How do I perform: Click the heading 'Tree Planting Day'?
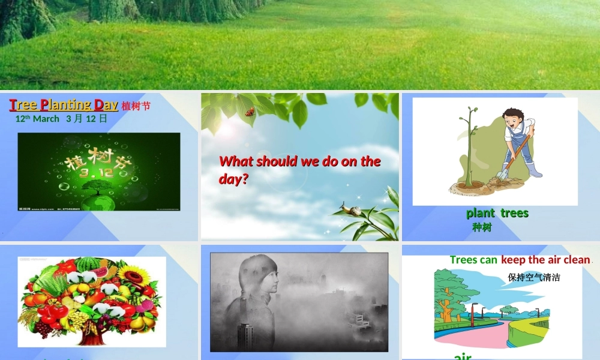(64, 105)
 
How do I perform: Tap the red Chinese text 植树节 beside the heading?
(136, 106)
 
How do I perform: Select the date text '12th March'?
(37, 119)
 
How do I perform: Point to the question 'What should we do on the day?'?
(299, 169)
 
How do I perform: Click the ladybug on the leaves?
(250, 112)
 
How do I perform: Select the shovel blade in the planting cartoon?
(502, 175)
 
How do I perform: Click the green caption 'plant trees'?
(497, 213)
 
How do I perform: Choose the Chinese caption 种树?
(482, 227)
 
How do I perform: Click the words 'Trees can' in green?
(473, 260)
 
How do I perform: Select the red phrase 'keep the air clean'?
(545, 260)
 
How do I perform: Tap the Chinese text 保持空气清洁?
(534, 277)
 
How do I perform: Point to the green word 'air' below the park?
(463, 356)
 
